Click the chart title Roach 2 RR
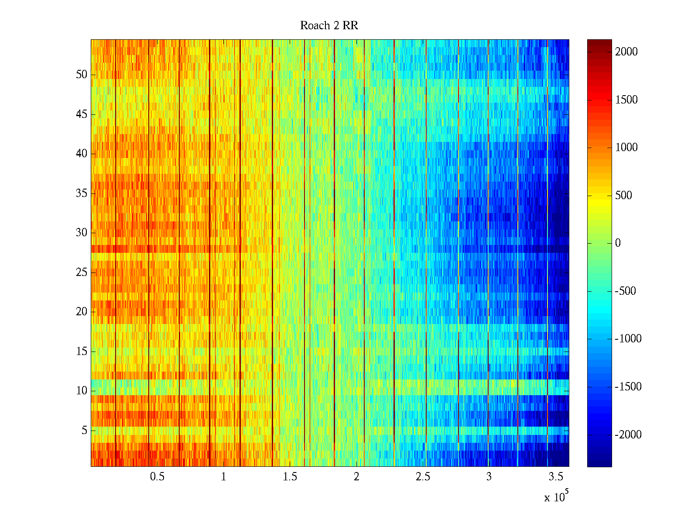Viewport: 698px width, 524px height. [x=329, y=26]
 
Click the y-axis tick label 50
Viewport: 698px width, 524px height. [x=82, y=75]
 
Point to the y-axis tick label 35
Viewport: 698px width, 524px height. [x=82, y=193]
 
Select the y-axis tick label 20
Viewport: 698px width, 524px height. [x=82, y=312]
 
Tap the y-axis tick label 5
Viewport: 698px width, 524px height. [x=84, y=431]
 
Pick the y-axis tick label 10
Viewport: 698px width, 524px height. [x=82, y=391]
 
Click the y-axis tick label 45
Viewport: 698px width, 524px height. [x=82, y=114]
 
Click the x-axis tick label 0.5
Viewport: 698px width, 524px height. [x=157, y=477]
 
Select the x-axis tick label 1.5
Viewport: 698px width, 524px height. [x=290, y=477]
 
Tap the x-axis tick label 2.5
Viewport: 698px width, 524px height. [x=423, y=477]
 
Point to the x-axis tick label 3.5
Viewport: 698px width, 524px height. [x=555, y=477]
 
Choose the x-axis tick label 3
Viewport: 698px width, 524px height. [x=489, y=477]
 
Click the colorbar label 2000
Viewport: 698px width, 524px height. [x=626, y=52]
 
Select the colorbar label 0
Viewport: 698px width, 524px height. [x=618, y=243]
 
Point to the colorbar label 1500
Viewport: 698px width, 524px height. [x=626, y=100]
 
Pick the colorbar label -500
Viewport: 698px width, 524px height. [x=626, y=291]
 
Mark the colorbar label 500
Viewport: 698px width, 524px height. [x=624, y=196]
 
